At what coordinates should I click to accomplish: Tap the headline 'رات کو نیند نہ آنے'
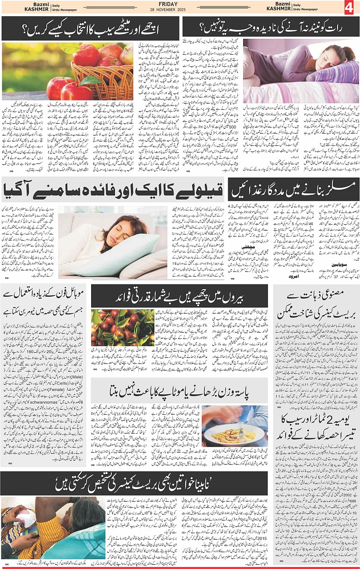tap(270, 28)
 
